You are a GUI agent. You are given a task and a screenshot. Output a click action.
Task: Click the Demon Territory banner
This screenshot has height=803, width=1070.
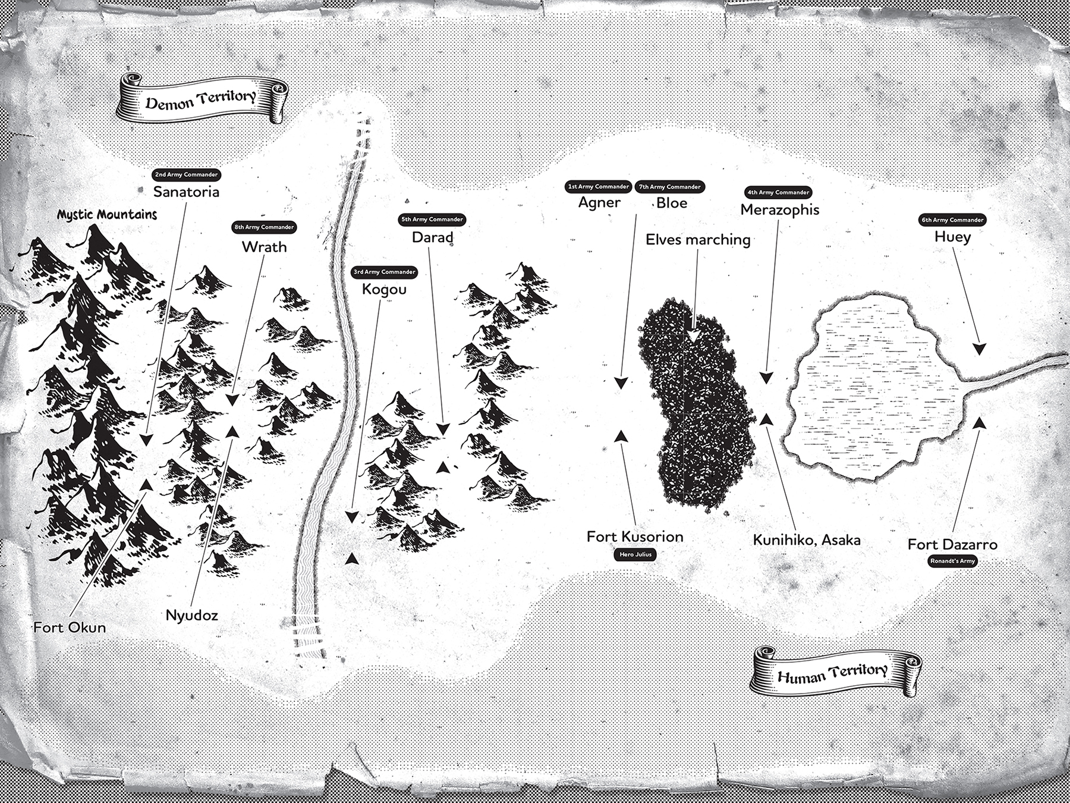coord(203,99)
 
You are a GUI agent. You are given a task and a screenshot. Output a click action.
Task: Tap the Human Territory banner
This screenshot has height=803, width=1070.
coord(836,672)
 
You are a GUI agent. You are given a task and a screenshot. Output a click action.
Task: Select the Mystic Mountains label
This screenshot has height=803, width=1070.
coord(107,214)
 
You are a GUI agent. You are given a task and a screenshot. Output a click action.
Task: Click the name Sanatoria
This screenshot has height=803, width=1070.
coord(186,192)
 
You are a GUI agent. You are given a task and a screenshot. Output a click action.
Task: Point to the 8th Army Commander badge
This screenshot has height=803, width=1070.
coord(264,227)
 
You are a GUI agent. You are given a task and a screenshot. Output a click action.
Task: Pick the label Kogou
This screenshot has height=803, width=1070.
coord(384,290)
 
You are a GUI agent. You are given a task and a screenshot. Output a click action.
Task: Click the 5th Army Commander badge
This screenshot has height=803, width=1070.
coord(432,219)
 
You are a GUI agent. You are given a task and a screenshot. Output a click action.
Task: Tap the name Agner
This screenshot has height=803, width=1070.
coord(599,203)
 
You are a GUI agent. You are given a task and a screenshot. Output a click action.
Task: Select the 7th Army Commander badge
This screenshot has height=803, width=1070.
coord(670,187)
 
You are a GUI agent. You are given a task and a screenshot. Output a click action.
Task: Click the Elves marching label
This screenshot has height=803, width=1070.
coord(698,240)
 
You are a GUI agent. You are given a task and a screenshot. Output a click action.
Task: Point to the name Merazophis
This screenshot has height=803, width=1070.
coord(780,210)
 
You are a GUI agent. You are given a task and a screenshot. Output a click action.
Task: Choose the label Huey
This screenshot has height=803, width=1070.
coord(952,237)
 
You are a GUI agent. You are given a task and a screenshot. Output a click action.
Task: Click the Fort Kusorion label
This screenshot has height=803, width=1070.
coord(635,537)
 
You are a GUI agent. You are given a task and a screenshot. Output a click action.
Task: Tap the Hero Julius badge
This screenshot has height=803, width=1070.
coord(635,554)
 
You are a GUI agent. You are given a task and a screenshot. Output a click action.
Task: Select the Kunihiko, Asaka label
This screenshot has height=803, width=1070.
coord(807,540)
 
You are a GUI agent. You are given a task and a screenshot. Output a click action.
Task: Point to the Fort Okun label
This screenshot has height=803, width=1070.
coord(70,628)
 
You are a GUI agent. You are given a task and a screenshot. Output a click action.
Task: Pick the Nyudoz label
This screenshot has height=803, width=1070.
coord(191,616)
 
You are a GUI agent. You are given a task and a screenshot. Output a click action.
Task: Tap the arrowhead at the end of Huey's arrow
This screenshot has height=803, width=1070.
coord(978,349)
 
